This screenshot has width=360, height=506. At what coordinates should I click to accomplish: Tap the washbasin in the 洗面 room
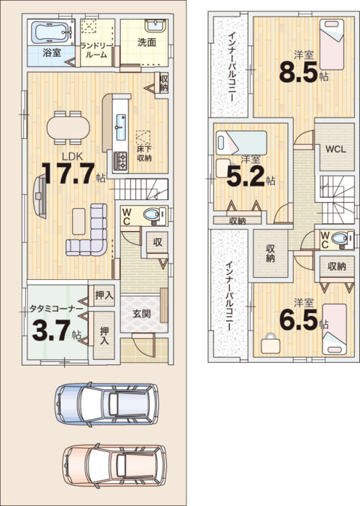click(156, 25)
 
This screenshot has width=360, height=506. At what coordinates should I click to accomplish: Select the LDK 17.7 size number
click(68, 173)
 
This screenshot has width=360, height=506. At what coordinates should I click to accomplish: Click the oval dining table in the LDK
click(68, 128)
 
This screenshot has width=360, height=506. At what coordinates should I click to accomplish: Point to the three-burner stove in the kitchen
click(120, 161)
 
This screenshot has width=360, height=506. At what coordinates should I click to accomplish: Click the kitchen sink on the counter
click(121, 127)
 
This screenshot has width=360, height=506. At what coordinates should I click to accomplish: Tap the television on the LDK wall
click(40, 196)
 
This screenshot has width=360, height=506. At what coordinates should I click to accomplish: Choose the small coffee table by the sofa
click(78, 221)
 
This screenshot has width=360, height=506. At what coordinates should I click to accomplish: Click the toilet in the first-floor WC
click(152, 214)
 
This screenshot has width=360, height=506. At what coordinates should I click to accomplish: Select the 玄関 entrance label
click(142, 313)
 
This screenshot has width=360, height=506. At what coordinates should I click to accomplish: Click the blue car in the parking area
click(107, 404)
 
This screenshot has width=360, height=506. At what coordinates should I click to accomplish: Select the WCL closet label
click(336, 149)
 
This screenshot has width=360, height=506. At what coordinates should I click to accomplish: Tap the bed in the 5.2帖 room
click(241, 142)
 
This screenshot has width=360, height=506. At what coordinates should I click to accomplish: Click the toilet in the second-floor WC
click(341, 239)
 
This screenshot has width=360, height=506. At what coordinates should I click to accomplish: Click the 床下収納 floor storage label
click(144, 153)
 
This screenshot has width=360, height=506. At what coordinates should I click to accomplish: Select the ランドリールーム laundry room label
click(96, 50)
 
